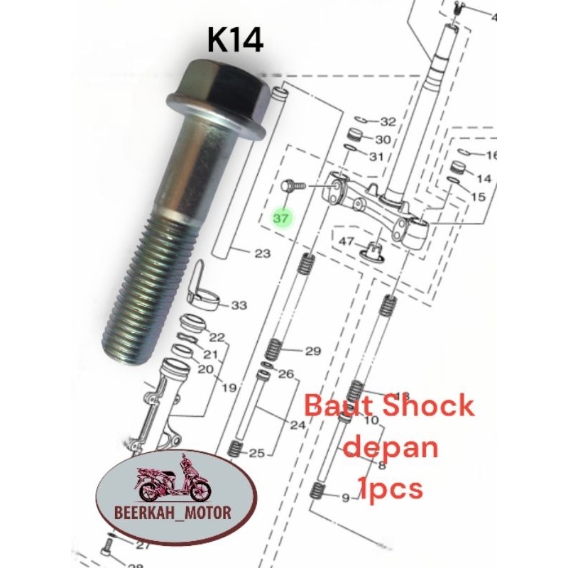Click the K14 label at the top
coord(235,40)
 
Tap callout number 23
coord(263,253)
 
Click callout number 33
coord(239,305)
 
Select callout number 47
coord(346,241)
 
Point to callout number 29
coord(313,351)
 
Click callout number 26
coord(286,373)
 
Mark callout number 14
coord(484,178)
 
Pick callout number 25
coord(256,452)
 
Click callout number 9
coord(345,498)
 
